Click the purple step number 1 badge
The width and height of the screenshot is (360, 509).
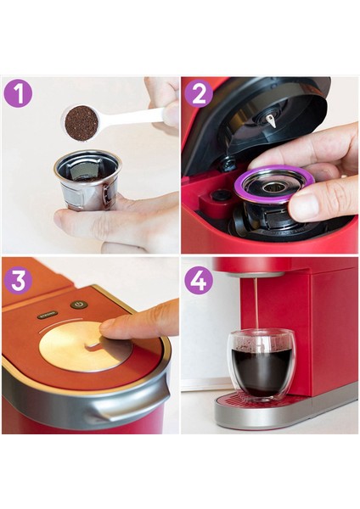tap(18, 93)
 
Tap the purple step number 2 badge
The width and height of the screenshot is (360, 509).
tap(198, 93)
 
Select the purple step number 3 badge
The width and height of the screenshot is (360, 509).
tap(18, 279)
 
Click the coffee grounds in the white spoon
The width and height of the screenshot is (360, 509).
tap(81, 121)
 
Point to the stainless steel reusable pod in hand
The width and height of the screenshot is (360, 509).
tap(87, 182)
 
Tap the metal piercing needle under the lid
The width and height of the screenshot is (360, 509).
tap(271, 120)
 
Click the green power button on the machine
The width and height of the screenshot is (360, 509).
tap(78, 305)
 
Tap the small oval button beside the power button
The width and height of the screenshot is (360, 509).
tap(47, 315)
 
